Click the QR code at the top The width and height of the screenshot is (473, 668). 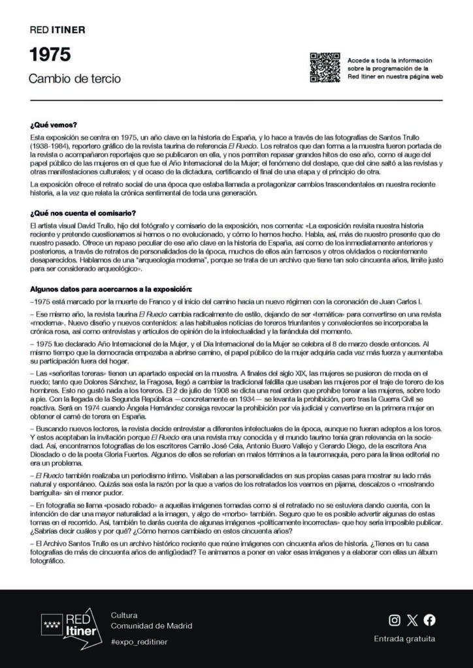[x=325, y=67]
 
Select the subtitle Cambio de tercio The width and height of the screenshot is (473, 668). [x=65, y=79]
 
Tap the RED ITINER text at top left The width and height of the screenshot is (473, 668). [x=57, y=30]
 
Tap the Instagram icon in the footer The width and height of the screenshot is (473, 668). [x=394, y=620]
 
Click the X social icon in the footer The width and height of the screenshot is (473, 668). [x=412, y=620]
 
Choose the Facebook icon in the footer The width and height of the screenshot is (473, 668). [x=429, y=620]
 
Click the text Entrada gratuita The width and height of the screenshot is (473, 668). [x=404, y=639]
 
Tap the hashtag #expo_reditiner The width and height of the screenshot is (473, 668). [x=139, y=642]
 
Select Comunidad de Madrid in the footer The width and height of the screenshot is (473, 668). [x=152, y=626]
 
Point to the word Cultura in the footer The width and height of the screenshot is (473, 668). [x=124, y=615]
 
